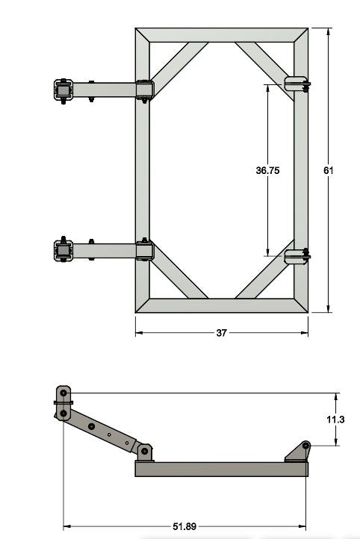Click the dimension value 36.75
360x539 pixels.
pyautogui.click(x=267, y=170)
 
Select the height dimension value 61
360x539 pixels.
pyautogui.click(x=328, y=170)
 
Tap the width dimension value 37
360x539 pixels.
pyautogui.click(x=221, y=333)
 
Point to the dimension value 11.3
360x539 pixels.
pyautogui.click(x=336, y=420)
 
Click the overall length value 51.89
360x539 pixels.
pyautogui.click(x=184, y=526)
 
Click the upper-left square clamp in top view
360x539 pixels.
pyautogui.click(x=63, y=90)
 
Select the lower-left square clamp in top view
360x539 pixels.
pyautogui.click(x=63, y=250)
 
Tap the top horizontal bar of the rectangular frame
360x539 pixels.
pyautogui.click(x=221, y=35)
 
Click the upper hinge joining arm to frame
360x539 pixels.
pyautogui.click(x=144, y=90)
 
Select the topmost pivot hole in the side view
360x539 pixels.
pyautogui.click(x=63, y=393)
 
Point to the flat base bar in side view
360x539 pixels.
pyautogui.click(x=221, y=469)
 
